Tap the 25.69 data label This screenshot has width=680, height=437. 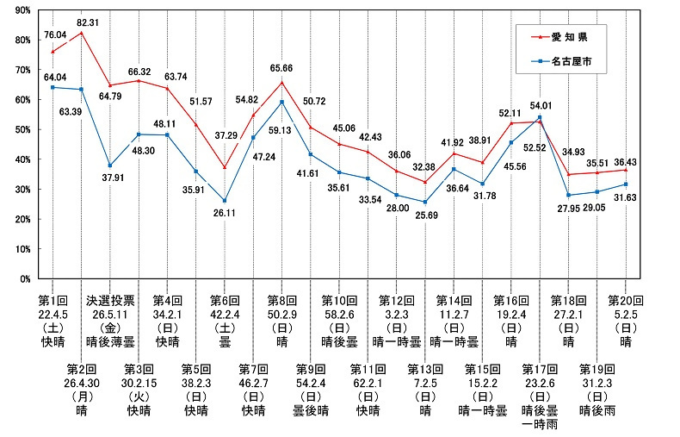[424, 215]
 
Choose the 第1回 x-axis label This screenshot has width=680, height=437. [53, 301]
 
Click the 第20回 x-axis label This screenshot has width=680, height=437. [625, 301]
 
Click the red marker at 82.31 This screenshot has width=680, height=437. [81, 33]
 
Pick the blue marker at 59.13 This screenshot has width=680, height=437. [281, 103]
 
